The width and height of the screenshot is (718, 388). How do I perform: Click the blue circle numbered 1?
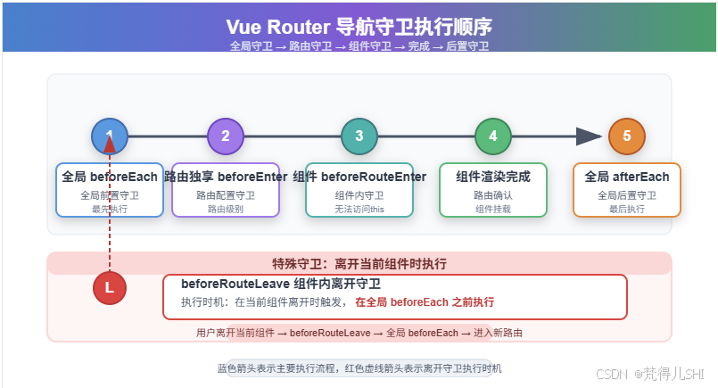coord(110,136)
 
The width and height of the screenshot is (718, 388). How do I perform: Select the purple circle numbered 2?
coord(226,136)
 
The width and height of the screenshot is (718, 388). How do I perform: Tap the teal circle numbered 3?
coord(359,136)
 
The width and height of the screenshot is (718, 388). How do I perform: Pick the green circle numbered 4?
coord(493,136)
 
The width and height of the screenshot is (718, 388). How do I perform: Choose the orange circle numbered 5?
coord(627,136)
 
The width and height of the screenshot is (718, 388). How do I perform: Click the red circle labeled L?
coord(110,288)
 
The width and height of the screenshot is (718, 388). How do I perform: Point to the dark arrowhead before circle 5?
coord(589,136)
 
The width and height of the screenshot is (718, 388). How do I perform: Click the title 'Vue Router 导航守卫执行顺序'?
coord(359,26)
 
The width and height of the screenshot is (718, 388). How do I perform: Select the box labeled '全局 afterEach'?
coord(627,189)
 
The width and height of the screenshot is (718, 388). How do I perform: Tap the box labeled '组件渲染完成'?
coord(493,189)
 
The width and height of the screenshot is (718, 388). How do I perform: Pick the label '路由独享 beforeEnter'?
coord(226,177)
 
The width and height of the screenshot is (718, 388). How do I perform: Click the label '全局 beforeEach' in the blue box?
coord(110,177)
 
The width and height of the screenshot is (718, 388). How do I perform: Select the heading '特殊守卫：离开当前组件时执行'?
coord(359,264)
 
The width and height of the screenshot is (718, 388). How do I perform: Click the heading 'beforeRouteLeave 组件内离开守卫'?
coord(281,284)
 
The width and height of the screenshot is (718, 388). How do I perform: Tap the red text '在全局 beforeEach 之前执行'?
coord(425,302)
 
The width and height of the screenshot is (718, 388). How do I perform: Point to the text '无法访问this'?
coord(359,209)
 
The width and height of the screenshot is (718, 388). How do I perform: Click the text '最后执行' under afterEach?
coord(627,209)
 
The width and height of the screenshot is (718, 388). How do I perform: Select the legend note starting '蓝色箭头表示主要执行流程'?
coord(359,367)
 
